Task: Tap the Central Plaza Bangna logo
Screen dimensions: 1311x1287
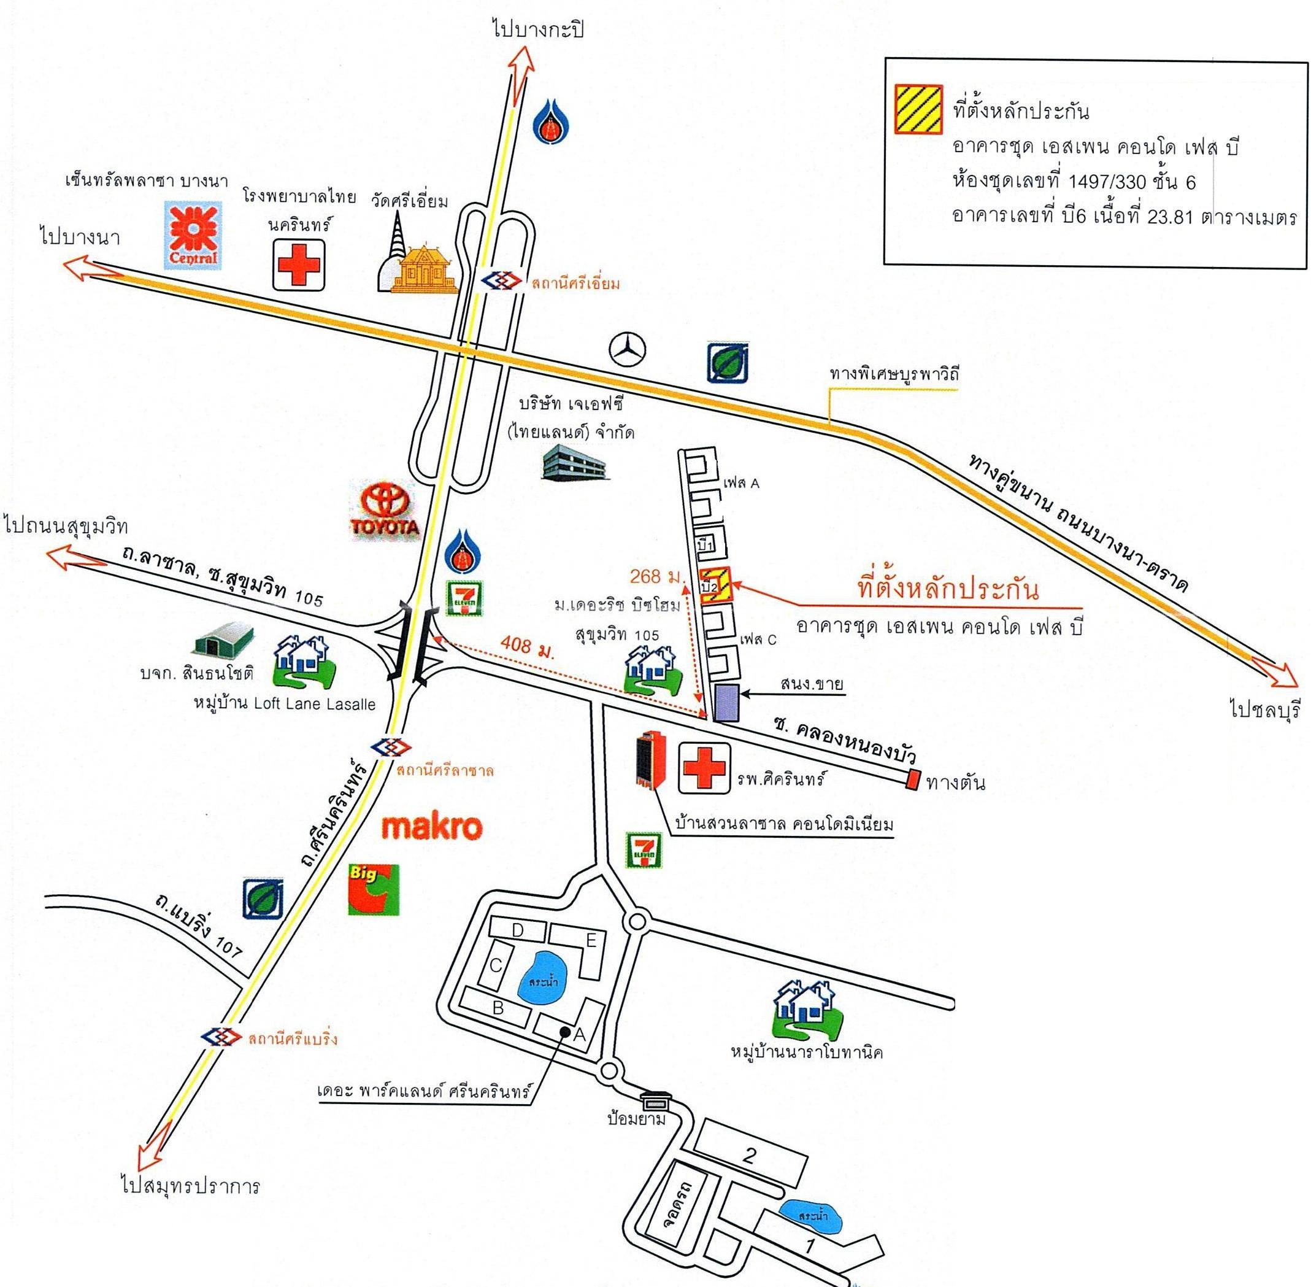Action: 194,234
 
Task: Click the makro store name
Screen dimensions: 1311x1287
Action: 433,827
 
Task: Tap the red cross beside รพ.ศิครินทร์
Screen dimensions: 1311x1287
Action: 704,768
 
